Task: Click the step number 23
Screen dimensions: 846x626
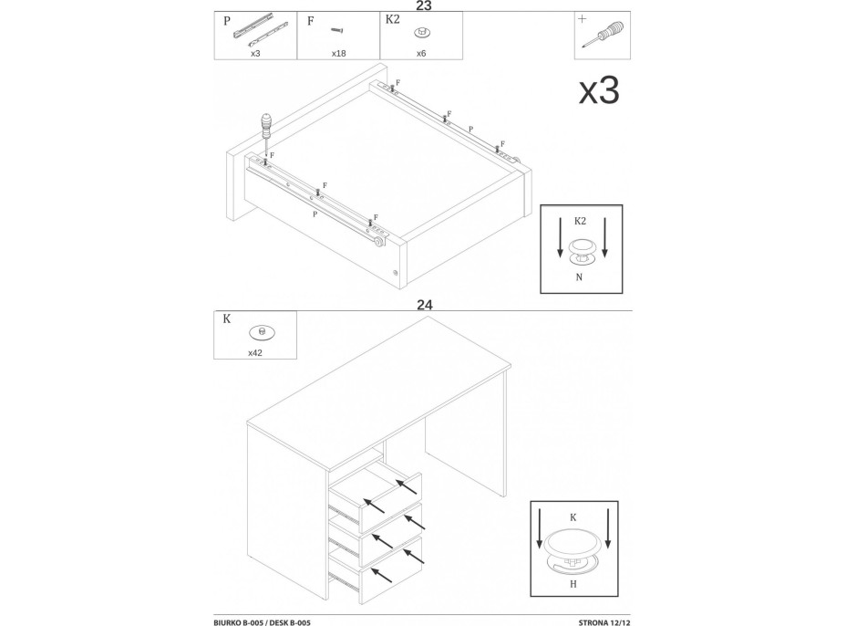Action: (424, 5)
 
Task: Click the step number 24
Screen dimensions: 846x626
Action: (425, 305)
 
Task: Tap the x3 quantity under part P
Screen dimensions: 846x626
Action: (255, 54)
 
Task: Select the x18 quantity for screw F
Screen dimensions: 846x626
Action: (338, 54)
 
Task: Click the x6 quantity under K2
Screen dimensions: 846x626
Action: (421, 54)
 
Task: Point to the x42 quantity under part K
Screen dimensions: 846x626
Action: (254, 353)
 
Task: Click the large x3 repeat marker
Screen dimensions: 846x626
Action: (599, 90)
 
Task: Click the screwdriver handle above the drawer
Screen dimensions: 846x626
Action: (265, 125)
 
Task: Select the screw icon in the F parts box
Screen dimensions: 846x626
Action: (337, 30)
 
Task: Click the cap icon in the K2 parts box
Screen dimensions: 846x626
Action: (421, 33)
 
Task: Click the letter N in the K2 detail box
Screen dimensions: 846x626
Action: (579, 277)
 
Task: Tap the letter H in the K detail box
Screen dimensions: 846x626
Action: (573, 584)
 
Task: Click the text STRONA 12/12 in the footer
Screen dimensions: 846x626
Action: (604, 622)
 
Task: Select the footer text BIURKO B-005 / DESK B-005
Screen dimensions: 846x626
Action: (262, 622)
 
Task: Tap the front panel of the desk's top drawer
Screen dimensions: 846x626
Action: (390, 503)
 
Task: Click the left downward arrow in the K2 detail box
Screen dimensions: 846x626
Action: (560, 236)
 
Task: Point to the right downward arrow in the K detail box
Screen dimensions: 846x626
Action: (608, 527)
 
